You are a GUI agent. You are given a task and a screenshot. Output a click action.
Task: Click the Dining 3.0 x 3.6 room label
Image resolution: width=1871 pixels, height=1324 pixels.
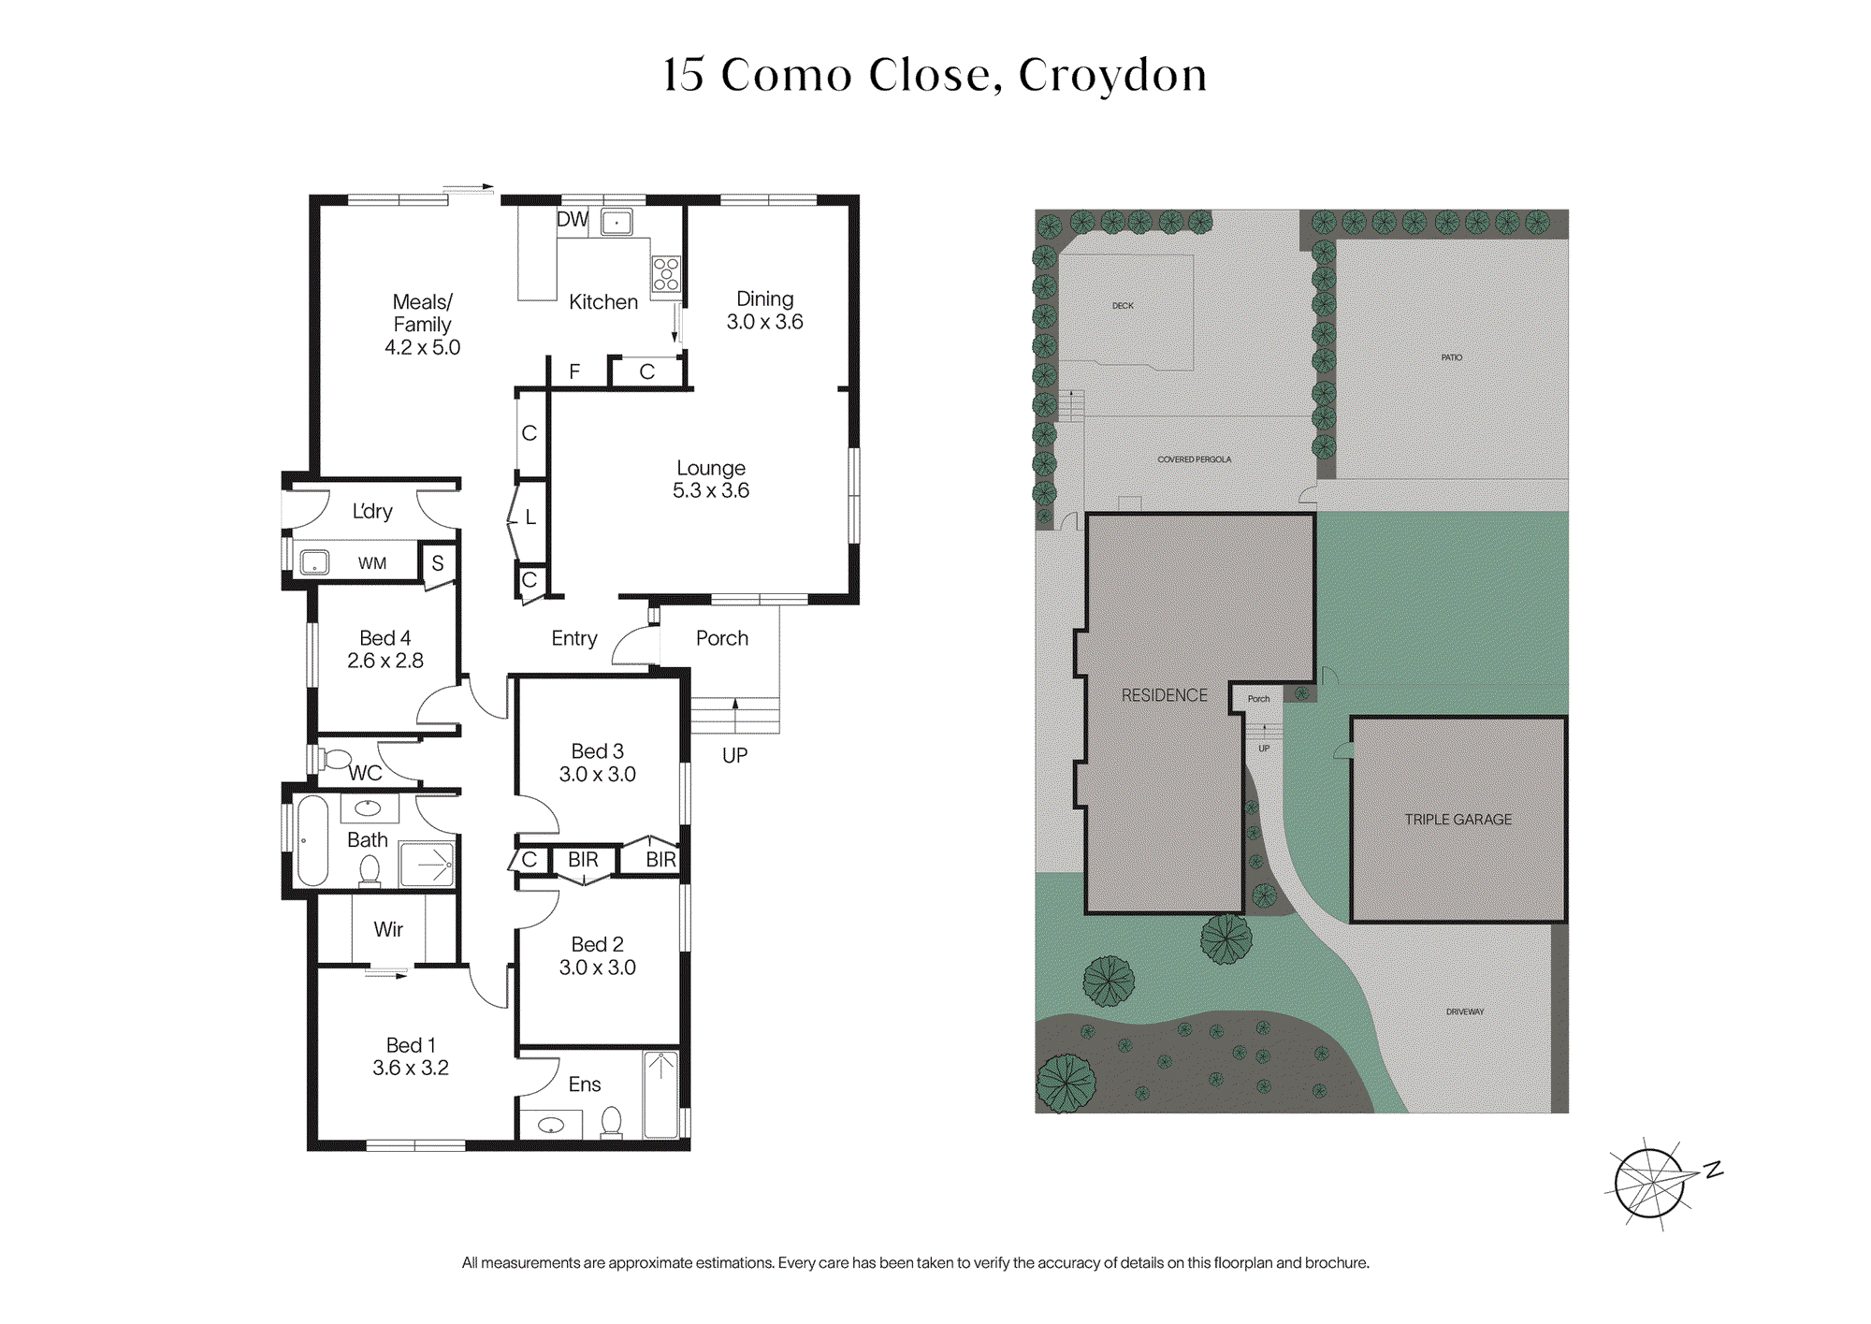click(x=764, y=310)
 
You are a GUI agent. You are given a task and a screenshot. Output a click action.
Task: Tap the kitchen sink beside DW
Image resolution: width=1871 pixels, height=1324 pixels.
click(x=616, y=222)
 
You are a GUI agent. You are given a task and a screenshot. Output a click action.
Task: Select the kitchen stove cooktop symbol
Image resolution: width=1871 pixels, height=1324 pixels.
click(x=666, y=273)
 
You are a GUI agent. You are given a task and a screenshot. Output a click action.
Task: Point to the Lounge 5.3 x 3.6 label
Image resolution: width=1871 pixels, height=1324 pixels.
click(x=711, y=478)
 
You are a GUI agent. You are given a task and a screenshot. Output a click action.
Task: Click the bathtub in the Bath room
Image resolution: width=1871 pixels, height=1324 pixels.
click(x=312, y=840)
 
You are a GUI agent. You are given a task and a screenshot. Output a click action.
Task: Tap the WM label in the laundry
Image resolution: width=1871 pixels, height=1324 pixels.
click(x=372, y=563)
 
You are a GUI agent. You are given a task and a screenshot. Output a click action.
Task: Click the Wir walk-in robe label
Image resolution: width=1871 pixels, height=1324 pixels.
click(x=388, y=929)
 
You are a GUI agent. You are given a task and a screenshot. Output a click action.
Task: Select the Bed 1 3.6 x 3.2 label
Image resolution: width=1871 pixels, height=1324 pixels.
click(x=411, y=1056)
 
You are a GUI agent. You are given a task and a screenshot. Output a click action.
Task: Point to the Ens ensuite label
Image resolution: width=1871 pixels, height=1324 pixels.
click(x=585, y=1084)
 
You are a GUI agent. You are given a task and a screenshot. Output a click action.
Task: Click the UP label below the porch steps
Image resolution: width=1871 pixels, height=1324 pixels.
click(x=734, y=755)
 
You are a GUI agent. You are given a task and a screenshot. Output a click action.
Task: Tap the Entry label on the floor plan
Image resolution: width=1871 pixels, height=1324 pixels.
click(x=574, y=638)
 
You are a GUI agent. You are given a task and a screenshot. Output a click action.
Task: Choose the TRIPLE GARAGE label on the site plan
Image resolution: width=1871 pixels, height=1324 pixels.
click(x=1458, y=819)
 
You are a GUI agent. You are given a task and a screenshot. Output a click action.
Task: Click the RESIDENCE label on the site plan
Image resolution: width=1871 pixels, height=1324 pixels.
click(x=1165, y=695)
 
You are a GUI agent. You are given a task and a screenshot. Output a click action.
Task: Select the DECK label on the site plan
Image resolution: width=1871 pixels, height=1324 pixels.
click(x=1123, y=306)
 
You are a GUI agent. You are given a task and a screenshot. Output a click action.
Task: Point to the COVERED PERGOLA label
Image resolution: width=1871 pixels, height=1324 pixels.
click(x=1195, y=459)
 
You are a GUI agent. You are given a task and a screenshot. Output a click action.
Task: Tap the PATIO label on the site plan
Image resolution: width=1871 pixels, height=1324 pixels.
click(x=1452, y=357)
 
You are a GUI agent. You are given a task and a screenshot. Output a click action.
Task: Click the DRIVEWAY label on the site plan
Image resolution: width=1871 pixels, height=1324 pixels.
click(x=1465, y=1011)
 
